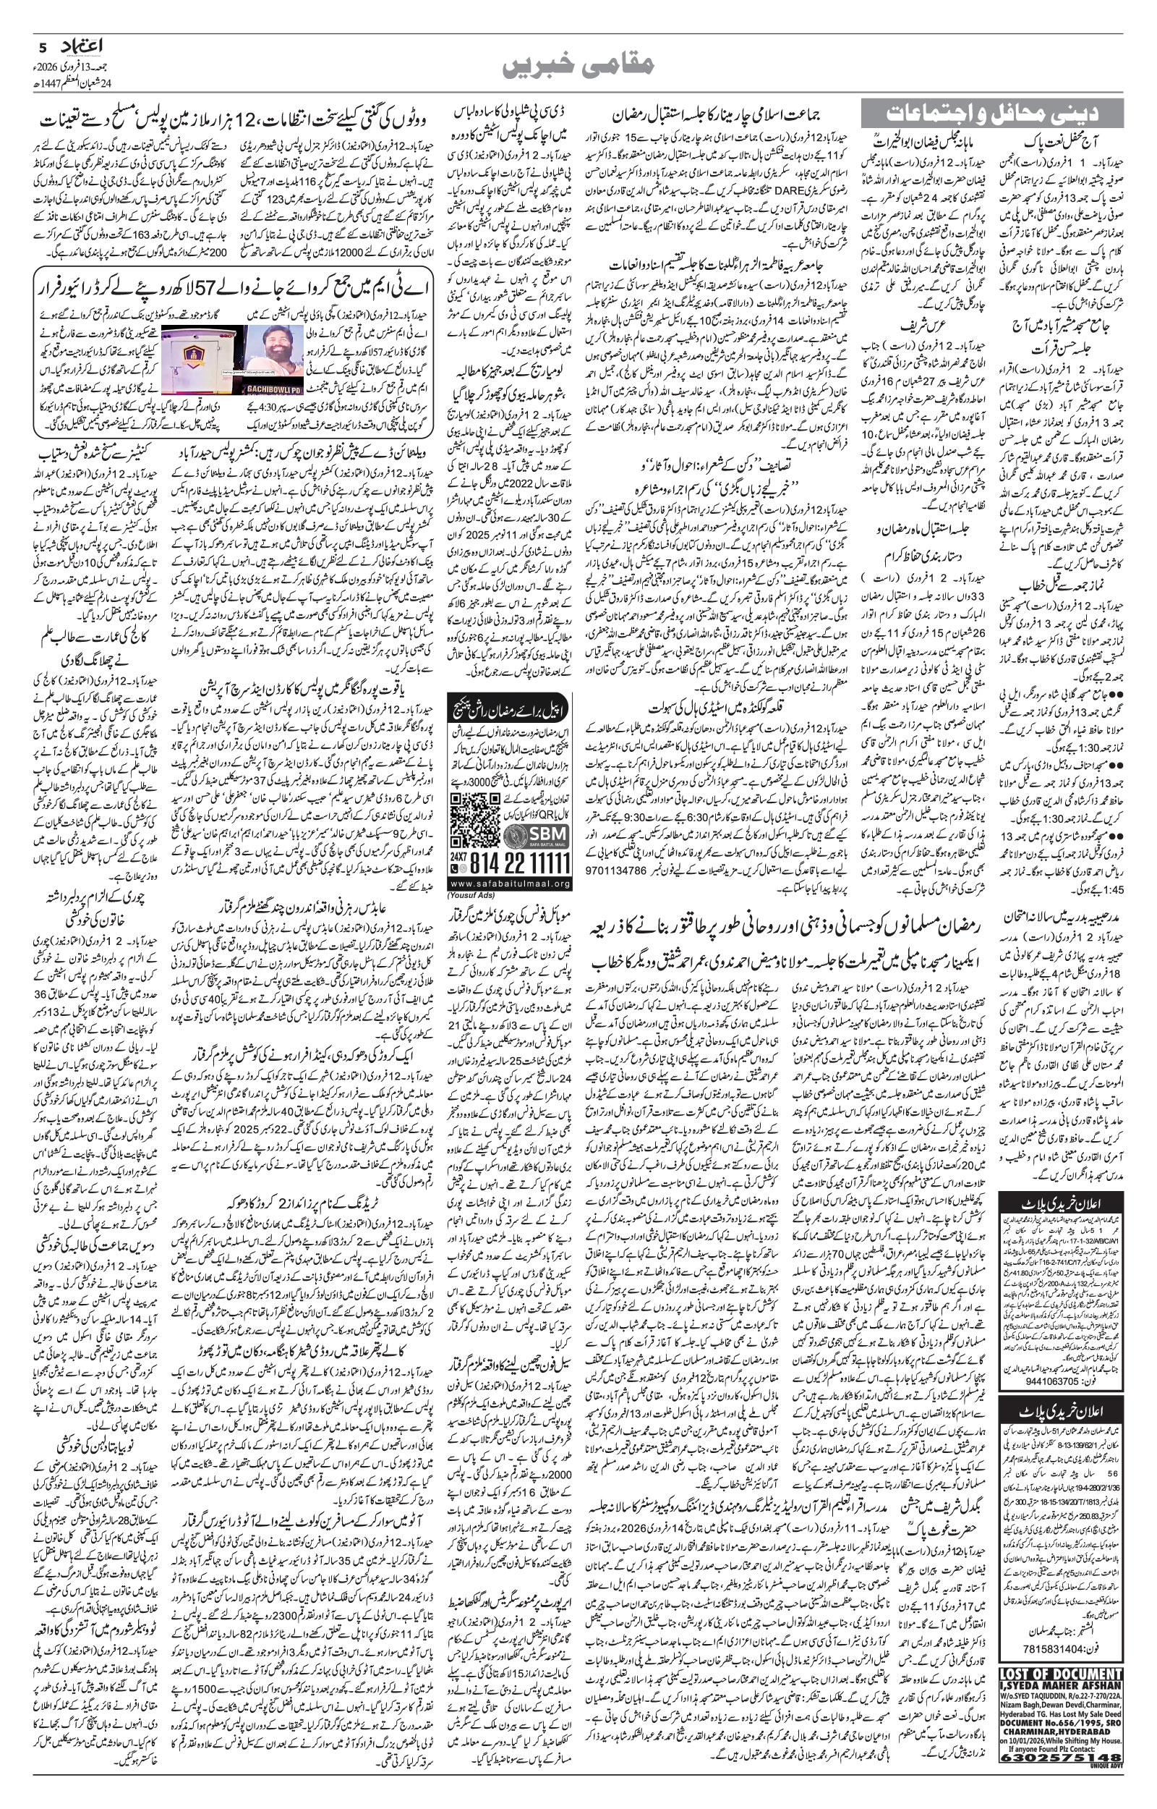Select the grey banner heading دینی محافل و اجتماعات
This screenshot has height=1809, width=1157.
[x=991, y=114]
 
